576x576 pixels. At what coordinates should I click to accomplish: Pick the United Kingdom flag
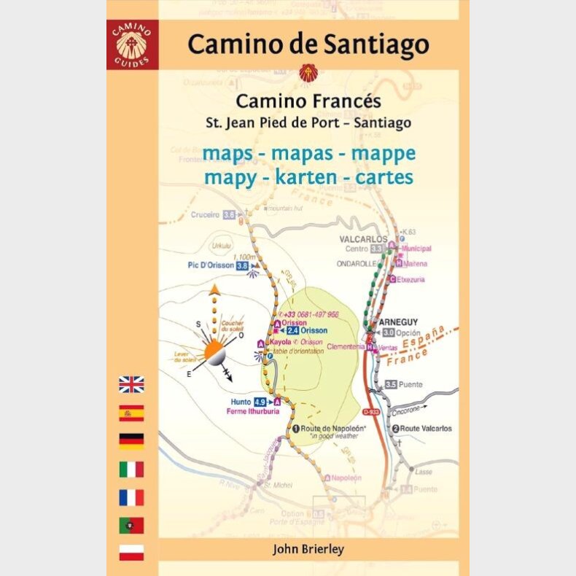[x=131, y=384]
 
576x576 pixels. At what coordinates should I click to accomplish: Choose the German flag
[x=131, y=440]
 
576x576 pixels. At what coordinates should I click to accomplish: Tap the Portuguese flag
[x=131, y=525]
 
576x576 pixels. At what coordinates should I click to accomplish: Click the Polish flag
[x=131, y=553]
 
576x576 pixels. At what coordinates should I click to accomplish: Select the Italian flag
[x=131, y=469]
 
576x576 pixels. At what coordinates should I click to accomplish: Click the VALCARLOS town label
[x=362, y=238]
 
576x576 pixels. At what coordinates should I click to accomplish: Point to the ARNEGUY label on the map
[x=398, y=322]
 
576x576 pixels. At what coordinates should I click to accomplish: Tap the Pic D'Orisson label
[x=209, y=266]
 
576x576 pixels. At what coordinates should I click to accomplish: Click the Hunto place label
[x=241, y=401]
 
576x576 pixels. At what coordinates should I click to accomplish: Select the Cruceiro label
[x=205, y=215]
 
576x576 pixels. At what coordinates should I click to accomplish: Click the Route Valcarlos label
[x=427, y=429]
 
